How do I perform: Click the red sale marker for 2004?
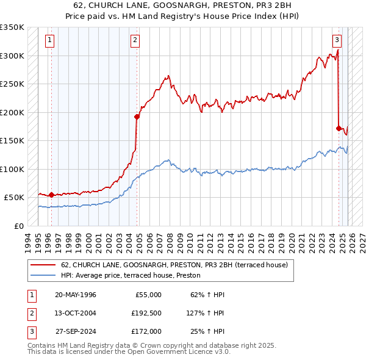[137, 117]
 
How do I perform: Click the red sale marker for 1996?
[51, 195]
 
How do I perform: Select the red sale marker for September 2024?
[339, 128]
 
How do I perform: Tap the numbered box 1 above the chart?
[49, 41]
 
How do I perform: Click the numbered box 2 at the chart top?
[135, 41]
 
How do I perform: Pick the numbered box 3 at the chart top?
[337, 41]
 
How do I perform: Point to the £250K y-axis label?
[12, 84]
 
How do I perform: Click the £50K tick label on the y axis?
[15, 198]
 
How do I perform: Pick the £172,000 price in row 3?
[146, 331]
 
